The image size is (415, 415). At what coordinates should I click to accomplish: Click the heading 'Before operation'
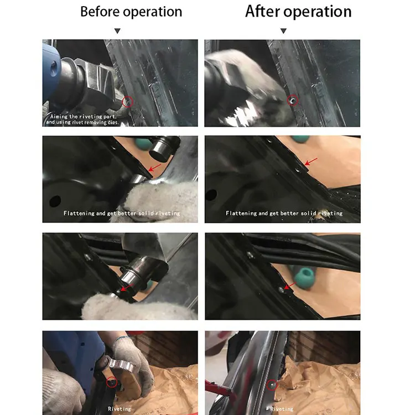(x=131, y=12)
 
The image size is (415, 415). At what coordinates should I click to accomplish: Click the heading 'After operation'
(x=298, y=12)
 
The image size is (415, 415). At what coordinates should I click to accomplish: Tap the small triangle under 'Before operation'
(x=117, y=32)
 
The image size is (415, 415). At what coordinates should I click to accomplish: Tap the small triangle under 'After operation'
(x=283, y=32)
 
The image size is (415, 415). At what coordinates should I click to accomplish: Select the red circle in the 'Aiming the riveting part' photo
(x=127, y=102)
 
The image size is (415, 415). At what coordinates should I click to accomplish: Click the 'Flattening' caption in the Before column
(x=121, y=213)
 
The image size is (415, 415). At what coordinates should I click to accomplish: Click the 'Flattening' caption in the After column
(x=284, y=213)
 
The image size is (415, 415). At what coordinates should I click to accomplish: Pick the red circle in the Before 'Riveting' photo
(x=112, y=382)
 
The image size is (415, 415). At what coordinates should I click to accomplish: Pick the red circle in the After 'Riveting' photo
(x=272, y=385)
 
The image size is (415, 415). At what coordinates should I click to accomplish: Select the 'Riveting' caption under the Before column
(x=120, y=409)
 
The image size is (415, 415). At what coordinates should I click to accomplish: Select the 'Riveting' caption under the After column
(x=282, y=409)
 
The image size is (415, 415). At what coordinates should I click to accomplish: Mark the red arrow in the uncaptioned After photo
(x=288, y=284)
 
